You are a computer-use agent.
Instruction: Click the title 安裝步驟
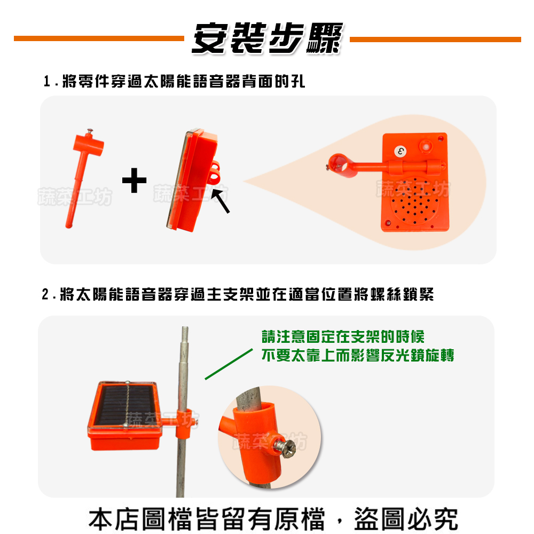(265, 38)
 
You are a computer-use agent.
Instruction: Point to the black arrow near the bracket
(220, 200)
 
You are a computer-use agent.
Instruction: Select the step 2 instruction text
(238, 294)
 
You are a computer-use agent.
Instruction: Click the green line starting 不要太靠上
(357, 356)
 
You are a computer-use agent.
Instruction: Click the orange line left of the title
(99, 38)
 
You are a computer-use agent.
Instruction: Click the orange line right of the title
(435, 39)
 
